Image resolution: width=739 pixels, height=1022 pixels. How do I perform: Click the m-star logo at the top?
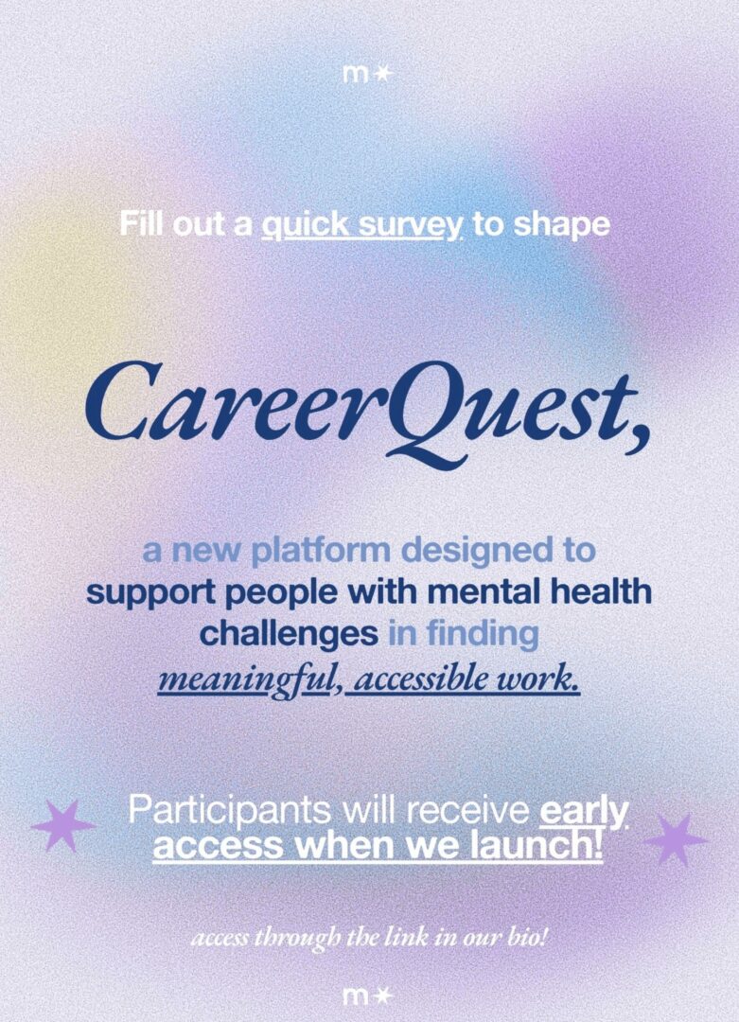(368, 75)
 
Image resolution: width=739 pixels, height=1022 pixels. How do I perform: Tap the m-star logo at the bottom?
(368, 996)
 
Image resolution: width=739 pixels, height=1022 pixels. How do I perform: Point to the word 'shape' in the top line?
(562, 225)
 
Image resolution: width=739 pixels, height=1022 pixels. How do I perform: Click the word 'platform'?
(320, 551)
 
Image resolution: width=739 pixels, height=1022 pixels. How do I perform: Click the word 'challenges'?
(289, 633)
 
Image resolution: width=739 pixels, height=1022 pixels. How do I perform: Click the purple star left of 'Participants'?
(63, 826)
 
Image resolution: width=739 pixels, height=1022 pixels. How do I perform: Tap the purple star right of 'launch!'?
(676, 839)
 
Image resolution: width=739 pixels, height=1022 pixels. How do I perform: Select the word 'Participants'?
(229, 811)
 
